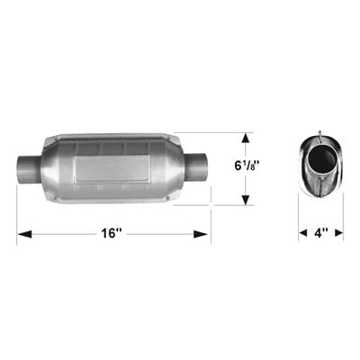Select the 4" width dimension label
pyautogui.click(x=321, y=233)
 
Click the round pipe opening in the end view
pyautogui.click(x=321, y=162)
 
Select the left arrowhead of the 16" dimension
pyautogui.click(x=22, y=234)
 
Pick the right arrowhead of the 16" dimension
pyautogui.click(x=204, y=234)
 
